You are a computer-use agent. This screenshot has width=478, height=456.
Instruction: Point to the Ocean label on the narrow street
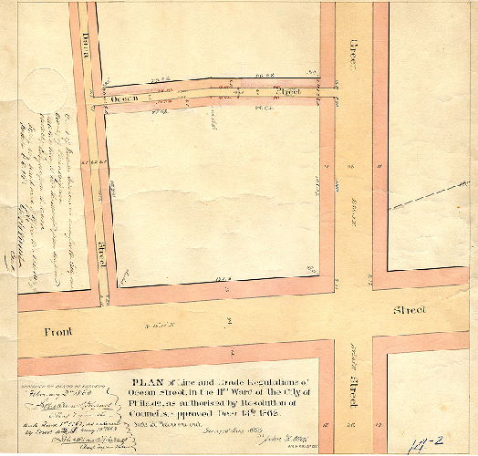click(127, 98)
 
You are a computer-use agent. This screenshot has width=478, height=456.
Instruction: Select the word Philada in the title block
click(149, 403)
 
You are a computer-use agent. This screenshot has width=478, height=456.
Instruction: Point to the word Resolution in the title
click(267, 403)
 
